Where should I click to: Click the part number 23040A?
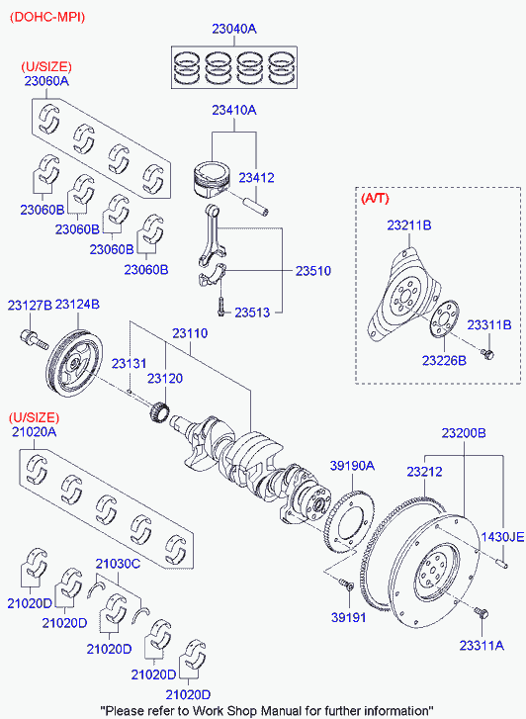coord(234,29)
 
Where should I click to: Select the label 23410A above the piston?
coord(234,110)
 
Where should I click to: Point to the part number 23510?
coord(313,271)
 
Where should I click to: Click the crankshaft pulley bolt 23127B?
coord(34,339)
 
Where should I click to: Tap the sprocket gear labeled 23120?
coord(159,410)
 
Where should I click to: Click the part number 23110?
coord(190,333)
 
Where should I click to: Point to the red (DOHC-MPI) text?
coord(47,17)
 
